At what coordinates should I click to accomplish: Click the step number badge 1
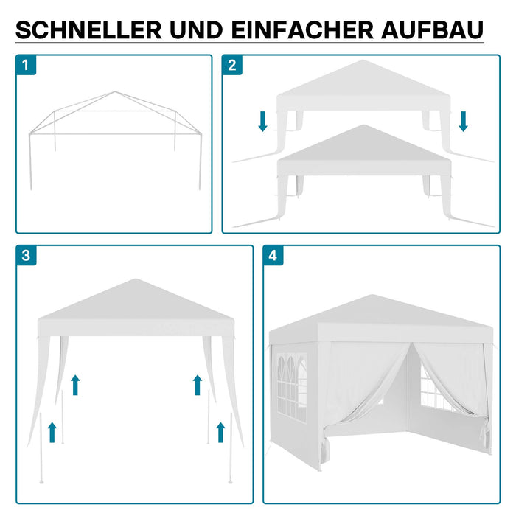26,65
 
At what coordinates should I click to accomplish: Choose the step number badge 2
232,65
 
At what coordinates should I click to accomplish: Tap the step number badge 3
26,256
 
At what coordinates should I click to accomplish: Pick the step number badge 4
273,256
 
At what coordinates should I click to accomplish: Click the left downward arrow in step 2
263,121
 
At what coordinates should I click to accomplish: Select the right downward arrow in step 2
463,121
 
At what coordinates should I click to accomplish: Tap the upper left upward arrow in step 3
74,384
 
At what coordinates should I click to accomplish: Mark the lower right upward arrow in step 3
220,431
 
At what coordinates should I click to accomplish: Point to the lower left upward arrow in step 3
52,431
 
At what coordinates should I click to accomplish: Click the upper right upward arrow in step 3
197,384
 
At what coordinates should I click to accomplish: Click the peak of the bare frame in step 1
114,93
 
